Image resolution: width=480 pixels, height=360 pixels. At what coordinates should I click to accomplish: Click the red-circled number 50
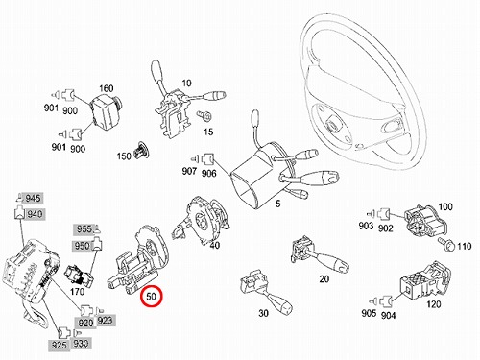(x=151, y=297)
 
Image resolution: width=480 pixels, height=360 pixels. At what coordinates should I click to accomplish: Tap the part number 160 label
(x=106, y=88)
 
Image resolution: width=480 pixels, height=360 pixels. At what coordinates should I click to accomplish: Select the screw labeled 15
(x=204, y=115)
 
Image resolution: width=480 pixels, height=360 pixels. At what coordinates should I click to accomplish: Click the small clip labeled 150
(x=142, y=150)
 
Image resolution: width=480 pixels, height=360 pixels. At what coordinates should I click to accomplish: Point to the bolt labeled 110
(x=446, y=244)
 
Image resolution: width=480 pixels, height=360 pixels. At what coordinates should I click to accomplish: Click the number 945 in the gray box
(x=33, y=199)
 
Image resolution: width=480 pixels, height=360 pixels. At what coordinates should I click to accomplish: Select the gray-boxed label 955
(x=84, y=229)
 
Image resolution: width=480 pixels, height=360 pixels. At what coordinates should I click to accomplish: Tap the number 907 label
(x=189, y=171)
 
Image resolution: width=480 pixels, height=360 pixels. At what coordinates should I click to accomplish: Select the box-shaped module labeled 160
(x=106, y=108)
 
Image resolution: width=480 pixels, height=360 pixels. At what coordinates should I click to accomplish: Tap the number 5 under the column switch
(x=277, y=204)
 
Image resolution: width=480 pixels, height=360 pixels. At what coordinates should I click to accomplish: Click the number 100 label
(x=445, y=206)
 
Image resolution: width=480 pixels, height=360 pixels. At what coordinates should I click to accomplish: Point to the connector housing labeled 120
(x=425, y=281)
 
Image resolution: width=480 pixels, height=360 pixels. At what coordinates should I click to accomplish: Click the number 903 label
(x=366, y=226)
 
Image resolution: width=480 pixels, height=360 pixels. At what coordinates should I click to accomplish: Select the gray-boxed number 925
(x=60, y=346)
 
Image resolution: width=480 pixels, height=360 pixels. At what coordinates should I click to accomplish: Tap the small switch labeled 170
(x=79, y=275)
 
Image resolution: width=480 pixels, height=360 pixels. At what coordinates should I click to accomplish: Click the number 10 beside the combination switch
(x=186, y=84)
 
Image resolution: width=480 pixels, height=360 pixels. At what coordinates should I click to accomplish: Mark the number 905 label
(x=369, y=313)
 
